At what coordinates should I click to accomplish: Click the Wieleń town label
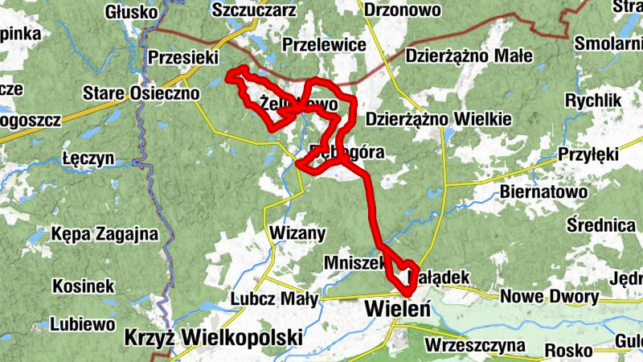(398, 308)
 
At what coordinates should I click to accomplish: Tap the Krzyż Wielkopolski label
(214, 336)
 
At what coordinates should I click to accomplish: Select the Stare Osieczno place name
(141, 93)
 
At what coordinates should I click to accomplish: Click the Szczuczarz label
(255, 10)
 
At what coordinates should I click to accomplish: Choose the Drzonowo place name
(403, 10)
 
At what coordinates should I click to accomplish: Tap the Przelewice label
(325, 45)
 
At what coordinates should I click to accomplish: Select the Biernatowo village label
(543, 192)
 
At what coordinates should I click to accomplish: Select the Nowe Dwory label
(550, 297)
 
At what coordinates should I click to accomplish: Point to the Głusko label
(130, 11)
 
